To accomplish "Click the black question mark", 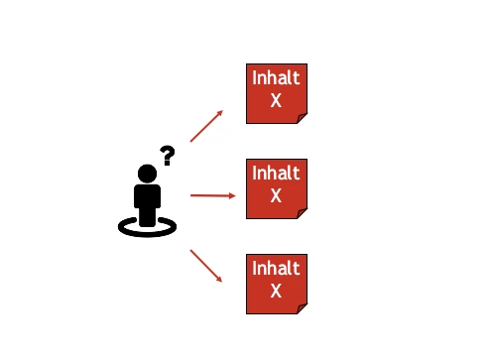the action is pos(168,155).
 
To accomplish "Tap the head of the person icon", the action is pos(148,174).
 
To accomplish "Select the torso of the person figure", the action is pos(148,195).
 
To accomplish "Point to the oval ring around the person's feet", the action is pos(148,228).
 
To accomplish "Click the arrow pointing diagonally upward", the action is pos(205,125).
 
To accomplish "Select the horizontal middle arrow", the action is pos(212,195).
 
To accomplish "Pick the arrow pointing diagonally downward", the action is pos(205,265).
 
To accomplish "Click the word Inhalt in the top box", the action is pos(276,78).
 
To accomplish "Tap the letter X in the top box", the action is pos(276,100).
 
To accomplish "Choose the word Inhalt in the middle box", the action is pos(276,173).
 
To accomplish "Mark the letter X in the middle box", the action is pos(276,194).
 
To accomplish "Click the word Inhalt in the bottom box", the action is pos(276,268).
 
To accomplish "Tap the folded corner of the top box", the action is pos(302,118).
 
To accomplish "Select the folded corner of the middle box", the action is pos(302,212).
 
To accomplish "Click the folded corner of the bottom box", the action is pos(302,307).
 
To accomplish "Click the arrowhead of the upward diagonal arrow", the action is pos(220,112).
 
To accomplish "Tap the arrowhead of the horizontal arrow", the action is pos(232,195).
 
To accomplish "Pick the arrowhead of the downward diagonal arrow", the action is pos(219,279).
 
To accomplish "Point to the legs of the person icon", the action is pos(148,216).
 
